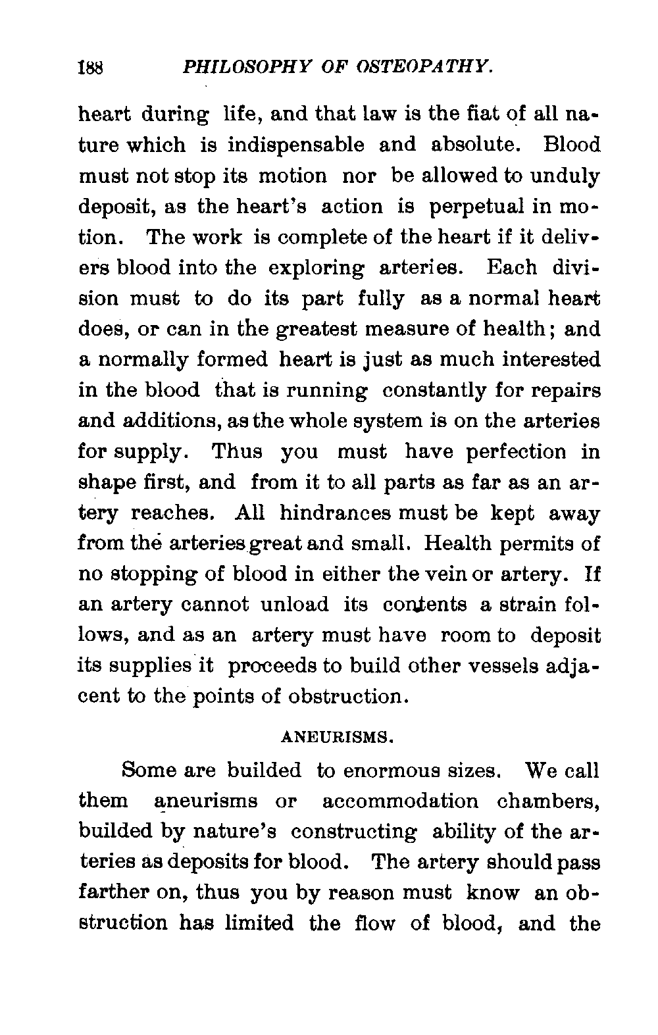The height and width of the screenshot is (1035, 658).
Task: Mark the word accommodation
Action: point(401,801)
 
